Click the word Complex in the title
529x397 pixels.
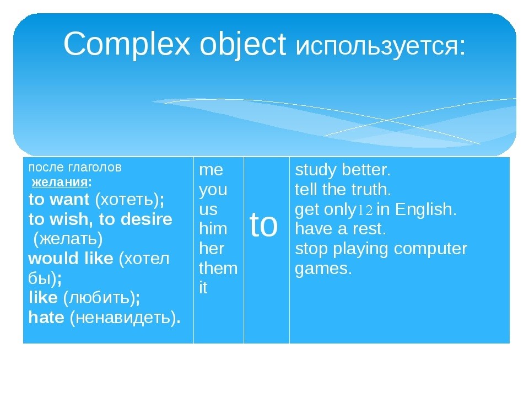127,44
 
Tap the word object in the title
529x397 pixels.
243,45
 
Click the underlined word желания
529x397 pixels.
60,183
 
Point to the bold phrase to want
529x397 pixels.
59,199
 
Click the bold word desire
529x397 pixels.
147,219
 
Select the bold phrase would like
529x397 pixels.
71,258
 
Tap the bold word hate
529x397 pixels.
46,317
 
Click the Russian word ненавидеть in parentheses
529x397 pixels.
123,318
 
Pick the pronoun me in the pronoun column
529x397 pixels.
211,170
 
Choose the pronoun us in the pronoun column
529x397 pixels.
208,210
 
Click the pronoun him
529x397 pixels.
213,228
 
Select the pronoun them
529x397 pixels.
218,268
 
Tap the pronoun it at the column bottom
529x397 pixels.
203,288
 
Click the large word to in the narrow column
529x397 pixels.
263,224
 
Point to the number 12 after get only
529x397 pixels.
365,210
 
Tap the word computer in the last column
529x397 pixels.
430,249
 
